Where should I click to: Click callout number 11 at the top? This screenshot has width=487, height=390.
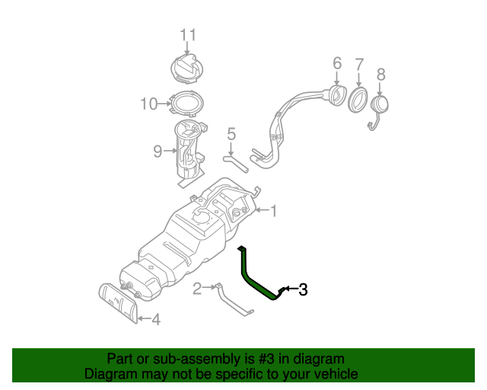(188, 34)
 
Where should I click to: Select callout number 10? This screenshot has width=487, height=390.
(148, 104)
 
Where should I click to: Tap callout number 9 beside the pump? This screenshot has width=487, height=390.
(158, 151)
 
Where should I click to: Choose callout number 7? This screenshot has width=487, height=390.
(360, 63)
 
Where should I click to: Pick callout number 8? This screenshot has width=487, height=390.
(381, 74)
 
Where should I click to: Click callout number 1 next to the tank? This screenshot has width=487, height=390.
(275, 211)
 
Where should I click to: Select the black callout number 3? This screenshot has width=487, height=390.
(303, 289)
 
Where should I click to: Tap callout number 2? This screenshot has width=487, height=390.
(197, 288)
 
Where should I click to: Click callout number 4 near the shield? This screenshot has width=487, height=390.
(155, 320)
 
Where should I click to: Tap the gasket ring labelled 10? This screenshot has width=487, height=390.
(185, 102)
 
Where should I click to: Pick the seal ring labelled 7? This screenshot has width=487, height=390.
(358, 100)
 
